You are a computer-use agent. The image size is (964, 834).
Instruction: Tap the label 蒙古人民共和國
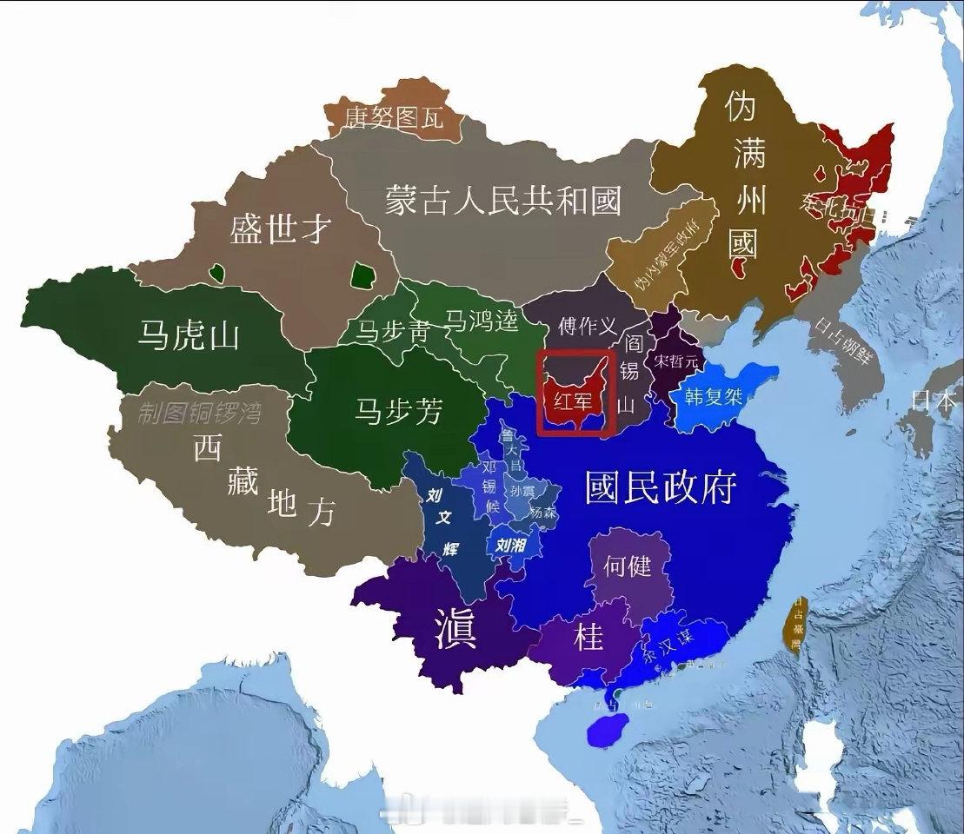503,202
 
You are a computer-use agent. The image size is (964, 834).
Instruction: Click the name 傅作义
588,327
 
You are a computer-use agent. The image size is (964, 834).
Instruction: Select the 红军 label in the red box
572,400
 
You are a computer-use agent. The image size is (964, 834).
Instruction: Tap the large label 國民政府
661,487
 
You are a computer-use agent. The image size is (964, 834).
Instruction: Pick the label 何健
627,566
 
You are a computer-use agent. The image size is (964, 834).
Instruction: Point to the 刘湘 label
511,546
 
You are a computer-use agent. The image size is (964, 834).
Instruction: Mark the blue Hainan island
608,729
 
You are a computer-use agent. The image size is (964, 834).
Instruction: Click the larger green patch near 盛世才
361,276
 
